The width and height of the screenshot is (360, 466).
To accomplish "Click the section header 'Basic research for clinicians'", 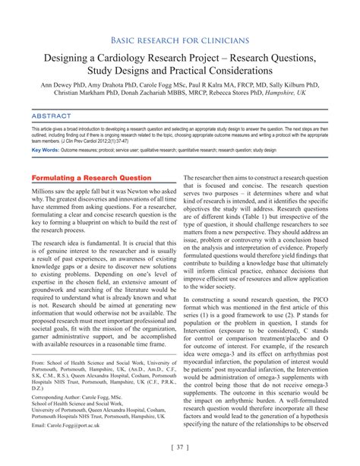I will pos(180,39).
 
